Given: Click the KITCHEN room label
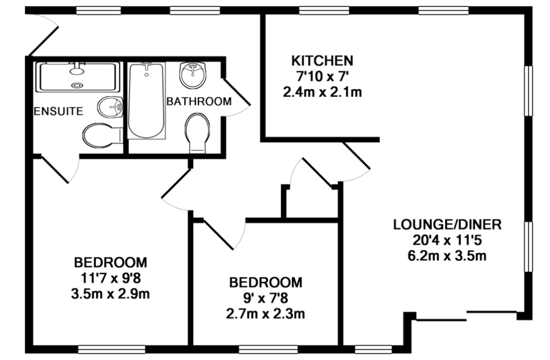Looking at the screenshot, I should tap(323, 60).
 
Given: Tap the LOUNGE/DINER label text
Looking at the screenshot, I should tap(447, 224).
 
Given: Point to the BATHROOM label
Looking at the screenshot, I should tap(199, 101).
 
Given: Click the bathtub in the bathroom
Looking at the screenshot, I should tap(146, 101).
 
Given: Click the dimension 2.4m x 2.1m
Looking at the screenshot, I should tap(323, 92).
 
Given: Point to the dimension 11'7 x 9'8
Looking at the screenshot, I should tap(111, 278).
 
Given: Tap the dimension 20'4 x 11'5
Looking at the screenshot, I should tap(447, 240).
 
